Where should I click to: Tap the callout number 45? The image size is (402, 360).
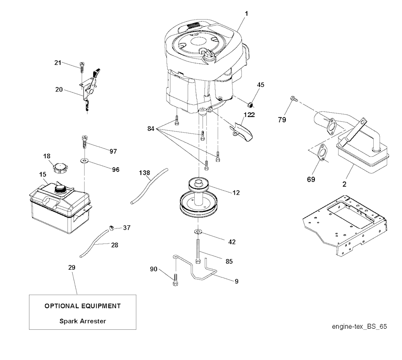[x=261, y=84]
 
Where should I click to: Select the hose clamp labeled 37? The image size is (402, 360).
[x=111, y=227]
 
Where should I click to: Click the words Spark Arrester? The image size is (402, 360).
[x=83, y=321]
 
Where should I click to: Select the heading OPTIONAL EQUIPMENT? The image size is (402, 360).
[x=82, y=305]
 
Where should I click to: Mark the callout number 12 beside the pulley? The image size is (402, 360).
[x=236, y=193]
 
